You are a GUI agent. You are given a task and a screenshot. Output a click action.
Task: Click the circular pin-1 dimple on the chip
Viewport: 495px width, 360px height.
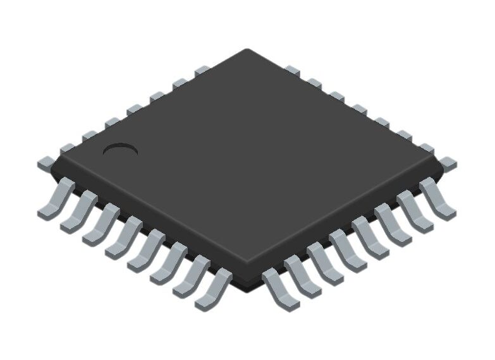[x=120, y=150]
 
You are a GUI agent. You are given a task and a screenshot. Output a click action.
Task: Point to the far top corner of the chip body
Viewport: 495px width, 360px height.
[x=247, y=51]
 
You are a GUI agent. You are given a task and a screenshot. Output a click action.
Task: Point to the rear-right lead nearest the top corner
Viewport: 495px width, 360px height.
[x=291, y=69]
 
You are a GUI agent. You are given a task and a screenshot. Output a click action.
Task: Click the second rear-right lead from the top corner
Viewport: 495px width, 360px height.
[x=314, y=83]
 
